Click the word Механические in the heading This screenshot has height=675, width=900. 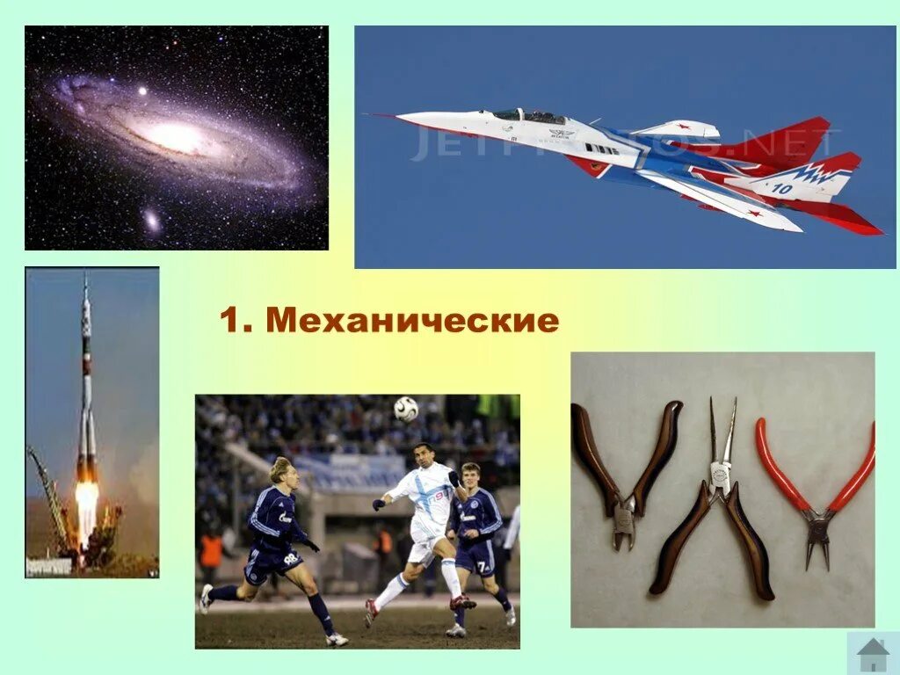tap(412, 321)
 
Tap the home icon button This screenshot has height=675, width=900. tap(872, 654)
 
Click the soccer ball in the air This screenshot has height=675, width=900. tap(405, 408)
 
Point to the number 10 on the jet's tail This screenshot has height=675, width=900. tap(782, 188)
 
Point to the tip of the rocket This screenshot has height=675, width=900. tap(85, 279)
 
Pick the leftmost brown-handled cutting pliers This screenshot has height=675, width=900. tap(627, 475)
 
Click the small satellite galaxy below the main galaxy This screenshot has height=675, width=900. tap(152, 219)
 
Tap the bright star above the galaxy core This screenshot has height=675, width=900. tap(141, 91)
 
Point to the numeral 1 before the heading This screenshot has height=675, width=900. tap(229, 321)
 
